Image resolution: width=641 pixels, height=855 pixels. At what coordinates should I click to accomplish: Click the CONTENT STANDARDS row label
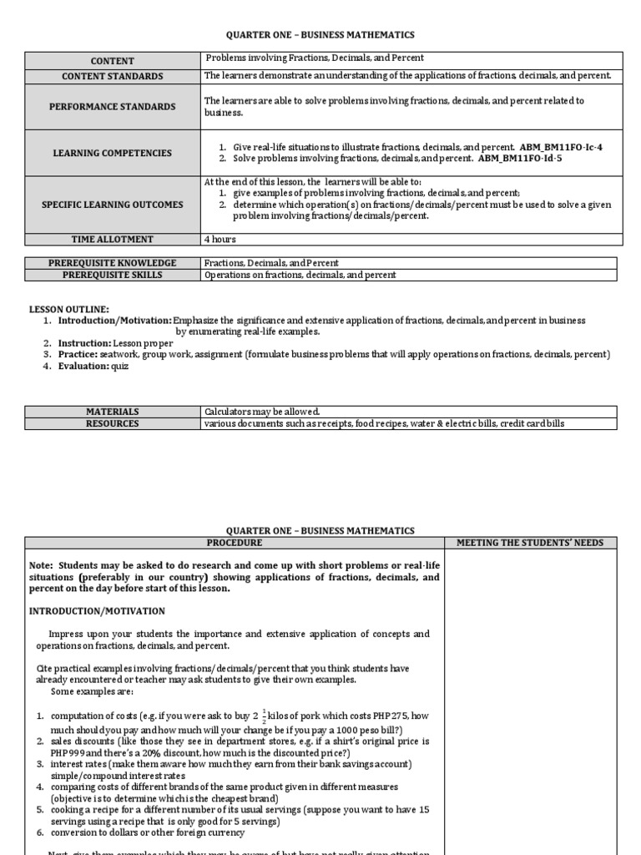tap(113, 77)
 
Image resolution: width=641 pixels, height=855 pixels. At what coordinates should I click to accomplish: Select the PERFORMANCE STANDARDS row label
tap(113, 107)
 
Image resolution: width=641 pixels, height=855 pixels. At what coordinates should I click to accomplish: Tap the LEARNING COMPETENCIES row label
tap(113, 154)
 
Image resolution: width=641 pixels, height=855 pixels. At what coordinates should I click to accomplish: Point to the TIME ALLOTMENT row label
tap(113, 240)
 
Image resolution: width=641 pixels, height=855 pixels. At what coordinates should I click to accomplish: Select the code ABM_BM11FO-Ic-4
tap(561, 147)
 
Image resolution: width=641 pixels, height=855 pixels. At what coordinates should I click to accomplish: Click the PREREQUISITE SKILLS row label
tap(113, 275)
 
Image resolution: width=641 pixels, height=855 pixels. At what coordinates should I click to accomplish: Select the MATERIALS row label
tap(113, 412)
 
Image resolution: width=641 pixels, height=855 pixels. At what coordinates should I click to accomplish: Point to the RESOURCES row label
tap(113, 423)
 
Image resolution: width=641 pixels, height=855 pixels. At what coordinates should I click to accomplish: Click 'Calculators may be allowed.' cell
tap(262, 412)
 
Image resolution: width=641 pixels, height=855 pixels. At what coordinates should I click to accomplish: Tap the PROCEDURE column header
tap(235, 543)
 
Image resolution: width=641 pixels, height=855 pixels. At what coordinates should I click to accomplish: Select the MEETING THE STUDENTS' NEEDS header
tap(530, 543)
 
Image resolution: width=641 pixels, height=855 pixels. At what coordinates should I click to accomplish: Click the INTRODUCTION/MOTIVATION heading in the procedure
tap(97, 611)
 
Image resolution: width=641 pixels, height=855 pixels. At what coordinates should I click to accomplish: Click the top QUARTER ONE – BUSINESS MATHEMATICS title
tap(320, 35)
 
